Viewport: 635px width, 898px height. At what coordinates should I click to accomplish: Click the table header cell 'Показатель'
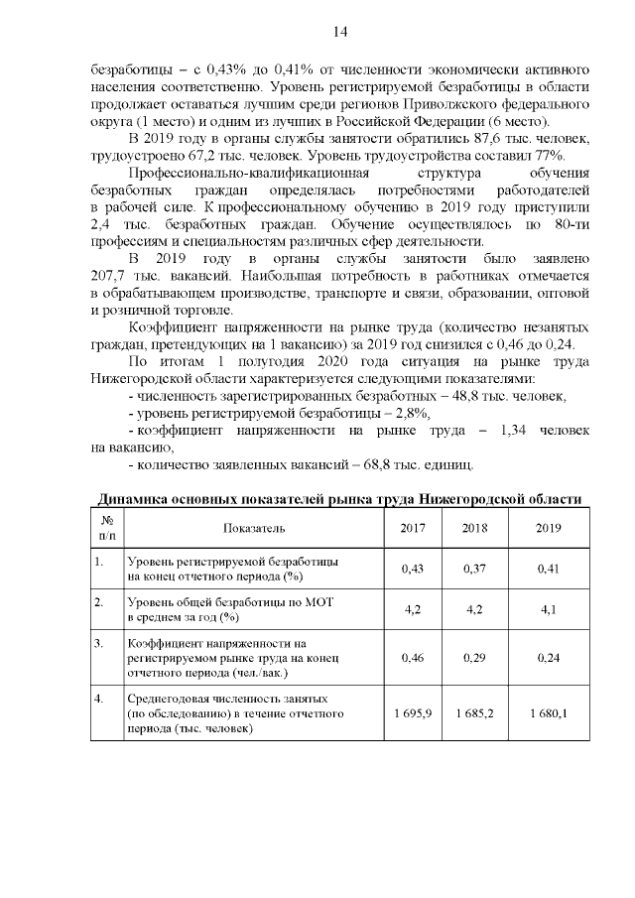[254, 527]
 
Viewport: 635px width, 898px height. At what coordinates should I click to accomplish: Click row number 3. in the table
[99, 643]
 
